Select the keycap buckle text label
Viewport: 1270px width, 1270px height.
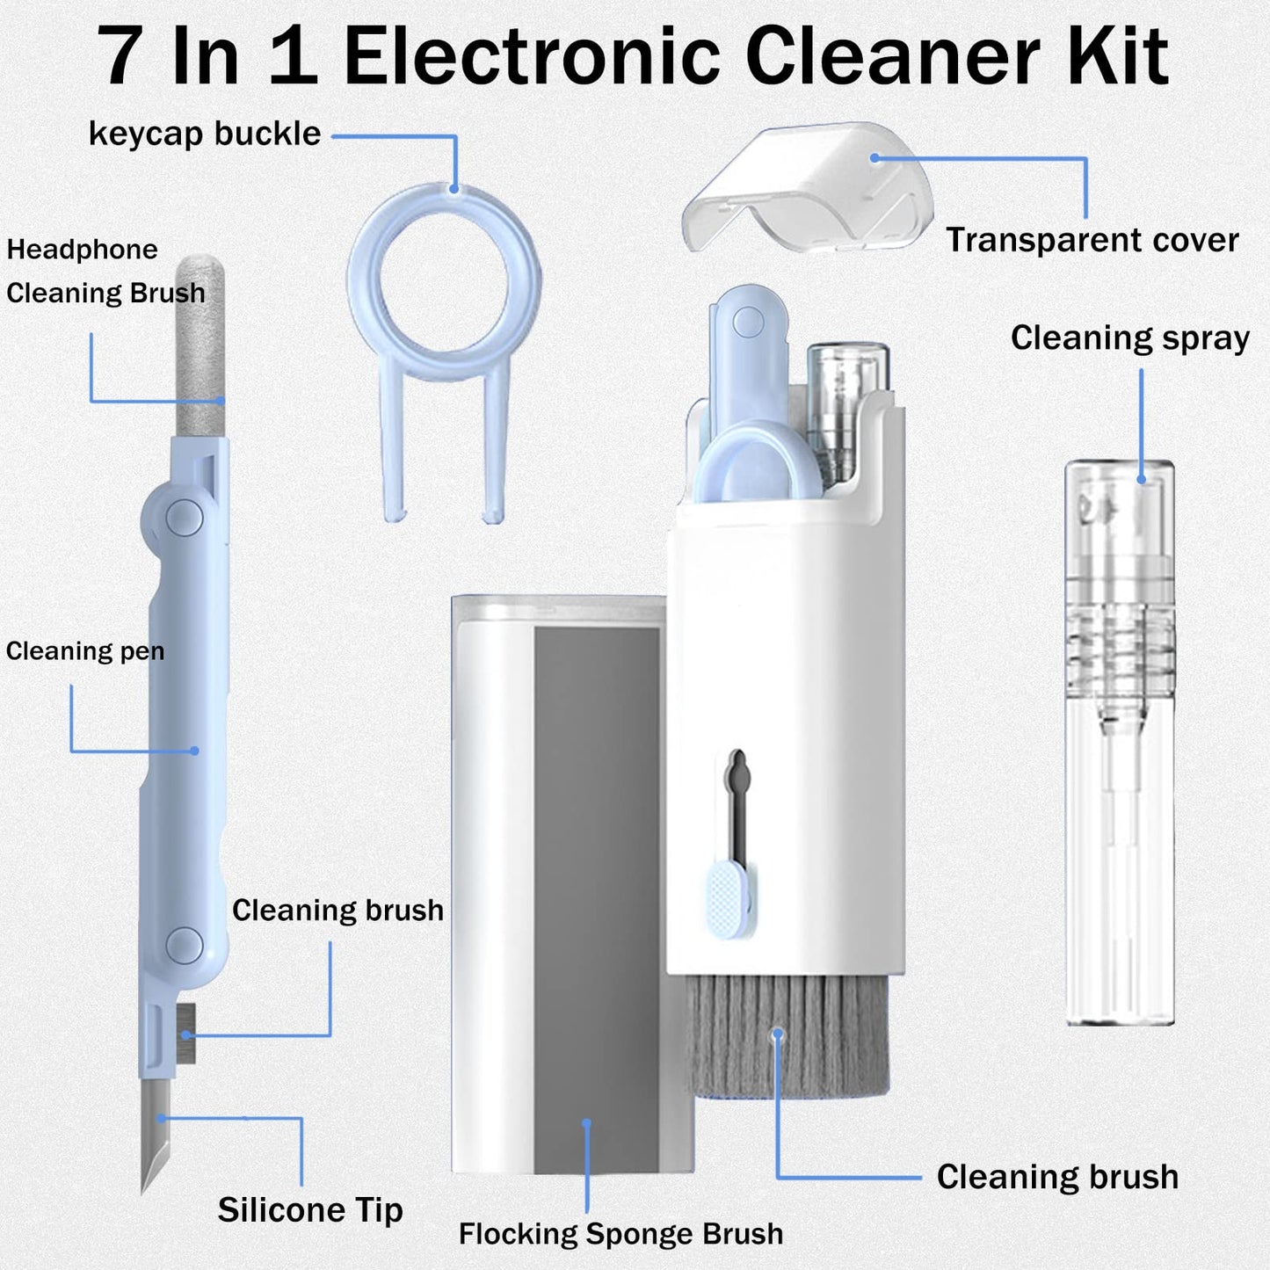205,134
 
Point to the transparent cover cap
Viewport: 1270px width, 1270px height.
807,189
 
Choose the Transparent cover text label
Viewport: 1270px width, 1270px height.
1092,240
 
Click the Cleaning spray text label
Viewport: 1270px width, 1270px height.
1129,338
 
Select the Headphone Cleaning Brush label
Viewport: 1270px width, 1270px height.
105,272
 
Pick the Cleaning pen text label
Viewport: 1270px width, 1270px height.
85,651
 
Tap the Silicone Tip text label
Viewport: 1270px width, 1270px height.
310,1210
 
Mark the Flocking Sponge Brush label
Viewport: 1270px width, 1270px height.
620,1234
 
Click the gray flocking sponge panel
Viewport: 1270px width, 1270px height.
596,896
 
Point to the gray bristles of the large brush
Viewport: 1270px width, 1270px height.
787,1037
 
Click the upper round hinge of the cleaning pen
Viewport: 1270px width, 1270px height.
185,518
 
